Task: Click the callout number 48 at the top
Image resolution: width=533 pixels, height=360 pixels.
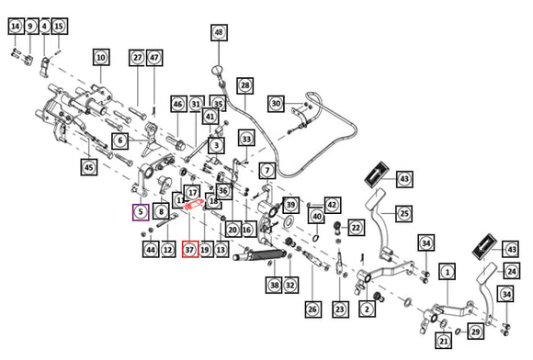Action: pos(219,33)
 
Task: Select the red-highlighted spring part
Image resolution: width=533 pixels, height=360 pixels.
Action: pos(193,205)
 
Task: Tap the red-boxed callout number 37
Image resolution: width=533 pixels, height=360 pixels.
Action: pos(190,249)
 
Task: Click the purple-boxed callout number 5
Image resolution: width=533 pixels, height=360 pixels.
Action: pos(141,212)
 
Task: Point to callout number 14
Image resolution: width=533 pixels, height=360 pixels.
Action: pos(16,26)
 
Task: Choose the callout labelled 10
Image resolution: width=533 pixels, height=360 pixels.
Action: pos(101,57)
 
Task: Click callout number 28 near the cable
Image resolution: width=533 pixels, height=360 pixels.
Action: pos(245,85)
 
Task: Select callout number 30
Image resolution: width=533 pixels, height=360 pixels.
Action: pos(276,103)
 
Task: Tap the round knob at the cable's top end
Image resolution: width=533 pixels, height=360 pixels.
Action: pos(217,70)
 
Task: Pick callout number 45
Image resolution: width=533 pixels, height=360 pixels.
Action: pos(89,167)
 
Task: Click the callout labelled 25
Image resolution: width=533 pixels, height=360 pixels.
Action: pos(404,214)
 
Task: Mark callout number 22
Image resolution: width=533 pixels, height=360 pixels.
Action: pos(356,228)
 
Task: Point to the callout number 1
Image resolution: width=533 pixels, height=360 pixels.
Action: pos(448,272)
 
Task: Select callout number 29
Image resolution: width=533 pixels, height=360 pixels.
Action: pos(475,332)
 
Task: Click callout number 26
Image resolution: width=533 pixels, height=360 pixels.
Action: pos(312,309)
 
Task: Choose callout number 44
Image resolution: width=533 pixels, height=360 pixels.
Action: pos(151,249)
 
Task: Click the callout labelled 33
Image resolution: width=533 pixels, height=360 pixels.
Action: pos(246,139)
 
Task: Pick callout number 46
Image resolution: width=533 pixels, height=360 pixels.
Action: pos(179,104)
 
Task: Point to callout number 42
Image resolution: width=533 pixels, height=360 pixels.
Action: pos(332,205)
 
